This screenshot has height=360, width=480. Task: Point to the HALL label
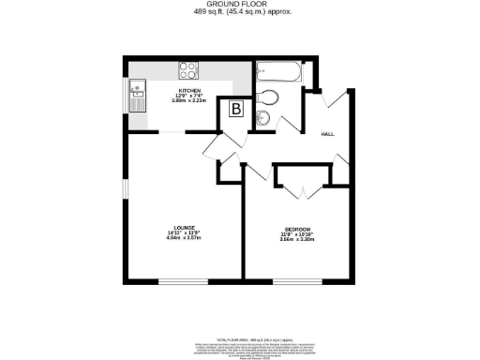(328, 134)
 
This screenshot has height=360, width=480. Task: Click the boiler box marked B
(235, 110)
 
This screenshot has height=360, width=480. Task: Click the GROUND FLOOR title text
(239, 5)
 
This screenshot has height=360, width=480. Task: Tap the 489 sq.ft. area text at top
(239, 13)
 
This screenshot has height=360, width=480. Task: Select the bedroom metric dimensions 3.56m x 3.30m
(297, 240)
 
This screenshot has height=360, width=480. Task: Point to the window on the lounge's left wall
(125, 187)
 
